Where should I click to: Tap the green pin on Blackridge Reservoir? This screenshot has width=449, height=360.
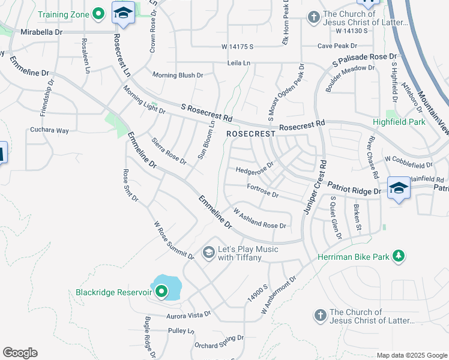tap(161, 292)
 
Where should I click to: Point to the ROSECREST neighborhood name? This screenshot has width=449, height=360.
tap(250, 134)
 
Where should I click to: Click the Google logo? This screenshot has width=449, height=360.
tap(20, 353)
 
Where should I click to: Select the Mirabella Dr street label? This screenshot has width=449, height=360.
tap(41, 32)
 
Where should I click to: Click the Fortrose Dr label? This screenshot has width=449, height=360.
tap(263, 191)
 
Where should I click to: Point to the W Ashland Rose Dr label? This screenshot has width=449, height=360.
tap(259, 218)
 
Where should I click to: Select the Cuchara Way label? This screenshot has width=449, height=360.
tap(50, 130)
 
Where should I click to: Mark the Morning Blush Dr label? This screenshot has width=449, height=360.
tap(178, 76)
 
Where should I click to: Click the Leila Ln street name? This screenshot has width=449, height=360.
tap(239, 62)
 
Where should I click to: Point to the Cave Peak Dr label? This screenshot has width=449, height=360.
tap(338, 46)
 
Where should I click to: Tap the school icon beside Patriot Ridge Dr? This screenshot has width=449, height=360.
tap(399, 187)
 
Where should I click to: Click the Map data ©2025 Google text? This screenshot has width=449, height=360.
tap(412, 355)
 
